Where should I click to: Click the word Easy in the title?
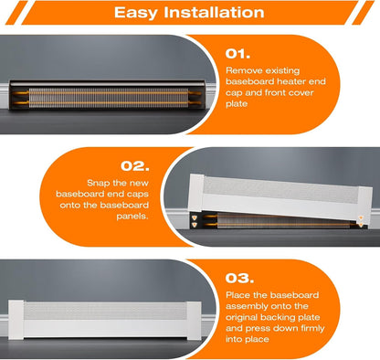[136, 13]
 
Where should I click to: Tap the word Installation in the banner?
[214, 12]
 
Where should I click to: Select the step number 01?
[237, 54]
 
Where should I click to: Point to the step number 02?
[135, 166]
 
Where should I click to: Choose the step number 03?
[239, 279]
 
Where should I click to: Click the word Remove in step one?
[244, 70]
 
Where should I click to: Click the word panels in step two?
[132, 217]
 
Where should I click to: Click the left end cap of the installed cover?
[16, 320]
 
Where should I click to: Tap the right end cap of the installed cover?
[194, 321]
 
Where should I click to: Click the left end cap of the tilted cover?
[196, 193]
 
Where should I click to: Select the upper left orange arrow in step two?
[195, 217]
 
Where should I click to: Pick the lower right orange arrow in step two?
[361, 225]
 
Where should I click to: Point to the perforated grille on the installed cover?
[105, 311]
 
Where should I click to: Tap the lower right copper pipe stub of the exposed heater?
[195, 103]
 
